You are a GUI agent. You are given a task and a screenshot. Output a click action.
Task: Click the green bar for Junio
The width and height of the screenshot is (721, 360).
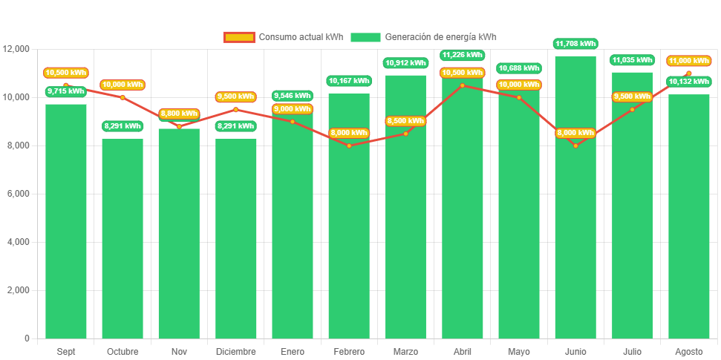point(575,223)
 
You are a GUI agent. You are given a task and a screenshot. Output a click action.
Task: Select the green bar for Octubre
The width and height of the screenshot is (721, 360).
point(123,238)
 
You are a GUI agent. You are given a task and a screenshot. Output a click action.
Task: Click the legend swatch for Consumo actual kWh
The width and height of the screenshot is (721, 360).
point(239,37)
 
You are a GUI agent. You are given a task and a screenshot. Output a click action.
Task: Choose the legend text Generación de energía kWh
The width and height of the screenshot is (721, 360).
point(440,37)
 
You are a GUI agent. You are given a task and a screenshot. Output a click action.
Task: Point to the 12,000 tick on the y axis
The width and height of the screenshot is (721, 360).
point(16,49)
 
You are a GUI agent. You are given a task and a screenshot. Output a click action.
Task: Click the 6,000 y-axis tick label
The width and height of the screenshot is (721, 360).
point(16,194)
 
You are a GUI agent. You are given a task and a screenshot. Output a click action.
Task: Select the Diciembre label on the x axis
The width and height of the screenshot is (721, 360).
point(236,351)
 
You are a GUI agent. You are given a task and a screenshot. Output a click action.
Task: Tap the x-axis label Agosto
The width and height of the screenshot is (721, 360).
point(688,351)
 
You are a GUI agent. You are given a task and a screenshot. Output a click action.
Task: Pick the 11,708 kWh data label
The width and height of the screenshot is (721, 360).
point(575,44)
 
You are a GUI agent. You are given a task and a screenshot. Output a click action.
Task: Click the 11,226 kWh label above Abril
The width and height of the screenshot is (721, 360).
point(463,55)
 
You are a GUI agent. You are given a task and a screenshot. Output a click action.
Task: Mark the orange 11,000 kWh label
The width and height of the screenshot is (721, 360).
point(688,61)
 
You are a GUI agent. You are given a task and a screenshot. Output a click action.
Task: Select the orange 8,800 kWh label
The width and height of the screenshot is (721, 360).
point(179,114)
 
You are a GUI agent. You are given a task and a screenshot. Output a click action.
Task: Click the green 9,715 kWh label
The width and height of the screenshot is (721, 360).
point(66,91)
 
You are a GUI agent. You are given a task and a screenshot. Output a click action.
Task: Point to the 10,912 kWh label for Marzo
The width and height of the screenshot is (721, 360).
point(405,63)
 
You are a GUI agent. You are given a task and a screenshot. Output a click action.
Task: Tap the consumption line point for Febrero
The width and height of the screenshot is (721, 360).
point(349,145)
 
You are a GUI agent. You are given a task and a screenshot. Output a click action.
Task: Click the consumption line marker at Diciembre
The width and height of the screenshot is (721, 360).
point(236,109)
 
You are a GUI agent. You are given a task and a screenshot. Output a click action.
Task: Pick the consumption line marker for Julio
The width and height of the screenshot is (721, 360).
point(633,109)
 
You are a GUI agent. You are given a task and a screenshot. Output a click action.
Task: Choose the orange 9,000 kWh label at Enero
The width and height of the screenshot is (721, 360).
point(293,109)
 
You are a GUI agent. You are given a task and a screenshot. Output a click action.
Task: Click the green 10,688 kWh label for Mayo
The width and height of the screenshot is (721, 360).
point(519,68)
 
